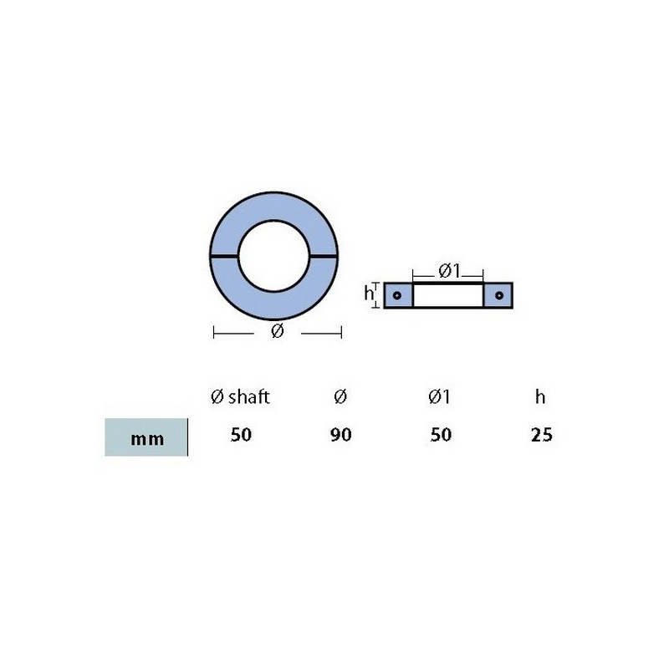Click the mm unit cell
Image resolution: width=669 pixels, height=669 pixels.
[146, 437]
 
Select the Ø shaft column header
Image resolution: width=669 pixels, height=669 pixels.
[240, 396]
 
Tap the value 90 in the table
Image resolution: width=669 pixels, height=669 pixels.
[341, 435]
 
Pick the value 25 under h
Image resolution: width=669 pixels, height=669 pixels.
[541, 435]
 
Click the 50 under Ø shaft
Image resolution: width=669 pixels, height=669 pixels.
[241, 435]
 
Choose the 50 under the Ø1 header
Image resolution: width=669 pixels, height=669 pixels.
[441, 435]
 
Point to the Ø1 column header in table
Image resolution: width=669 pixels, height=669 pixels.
[440, 396]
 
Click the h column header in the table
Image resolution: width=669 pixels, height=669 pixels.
[540, 396]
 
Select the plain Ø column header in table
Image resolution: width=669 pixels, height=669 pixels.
[340, 396]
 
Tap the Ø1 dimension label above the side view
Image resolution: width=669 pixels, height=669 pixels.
[449, 271]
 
